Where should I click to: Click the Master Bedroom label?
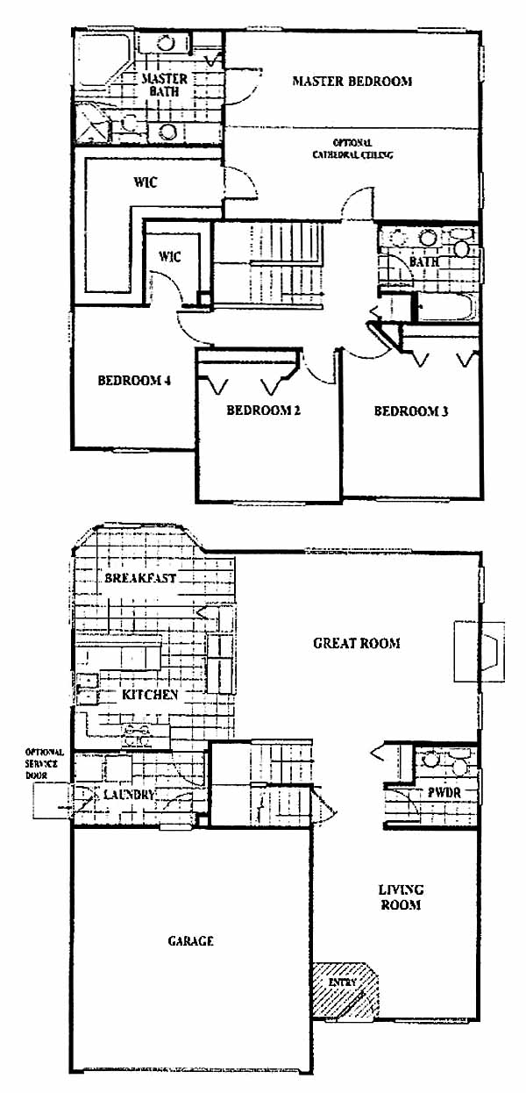(352, 81)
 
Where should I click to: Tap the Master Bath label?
(164, 85)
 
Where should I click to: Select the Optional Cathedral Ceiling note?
(352, 149)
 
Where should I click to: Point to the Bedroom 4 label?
(134, 380)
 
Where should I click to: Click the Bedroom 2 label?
(263, 410)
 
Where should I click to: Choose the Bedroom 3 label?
(411, 411)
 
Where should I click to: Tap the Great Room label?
(356, 643)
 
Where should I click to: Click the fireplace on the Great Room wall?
(480, 652)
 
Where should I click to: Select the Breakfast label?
(140, 578)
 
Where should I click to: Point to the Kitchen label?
(150, 695)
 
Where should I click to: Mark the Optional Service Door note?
(44, 764)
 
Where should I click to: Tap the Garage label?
(190, 940)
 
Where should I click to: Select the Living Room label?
(401, 897)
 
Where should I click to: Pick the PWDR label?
(444, 792)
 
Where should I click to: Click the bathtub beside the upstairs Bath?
(445, 307)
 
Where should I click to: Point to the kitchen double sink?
(88, 689)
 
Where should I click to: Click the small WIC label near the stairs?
(170, 256)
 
